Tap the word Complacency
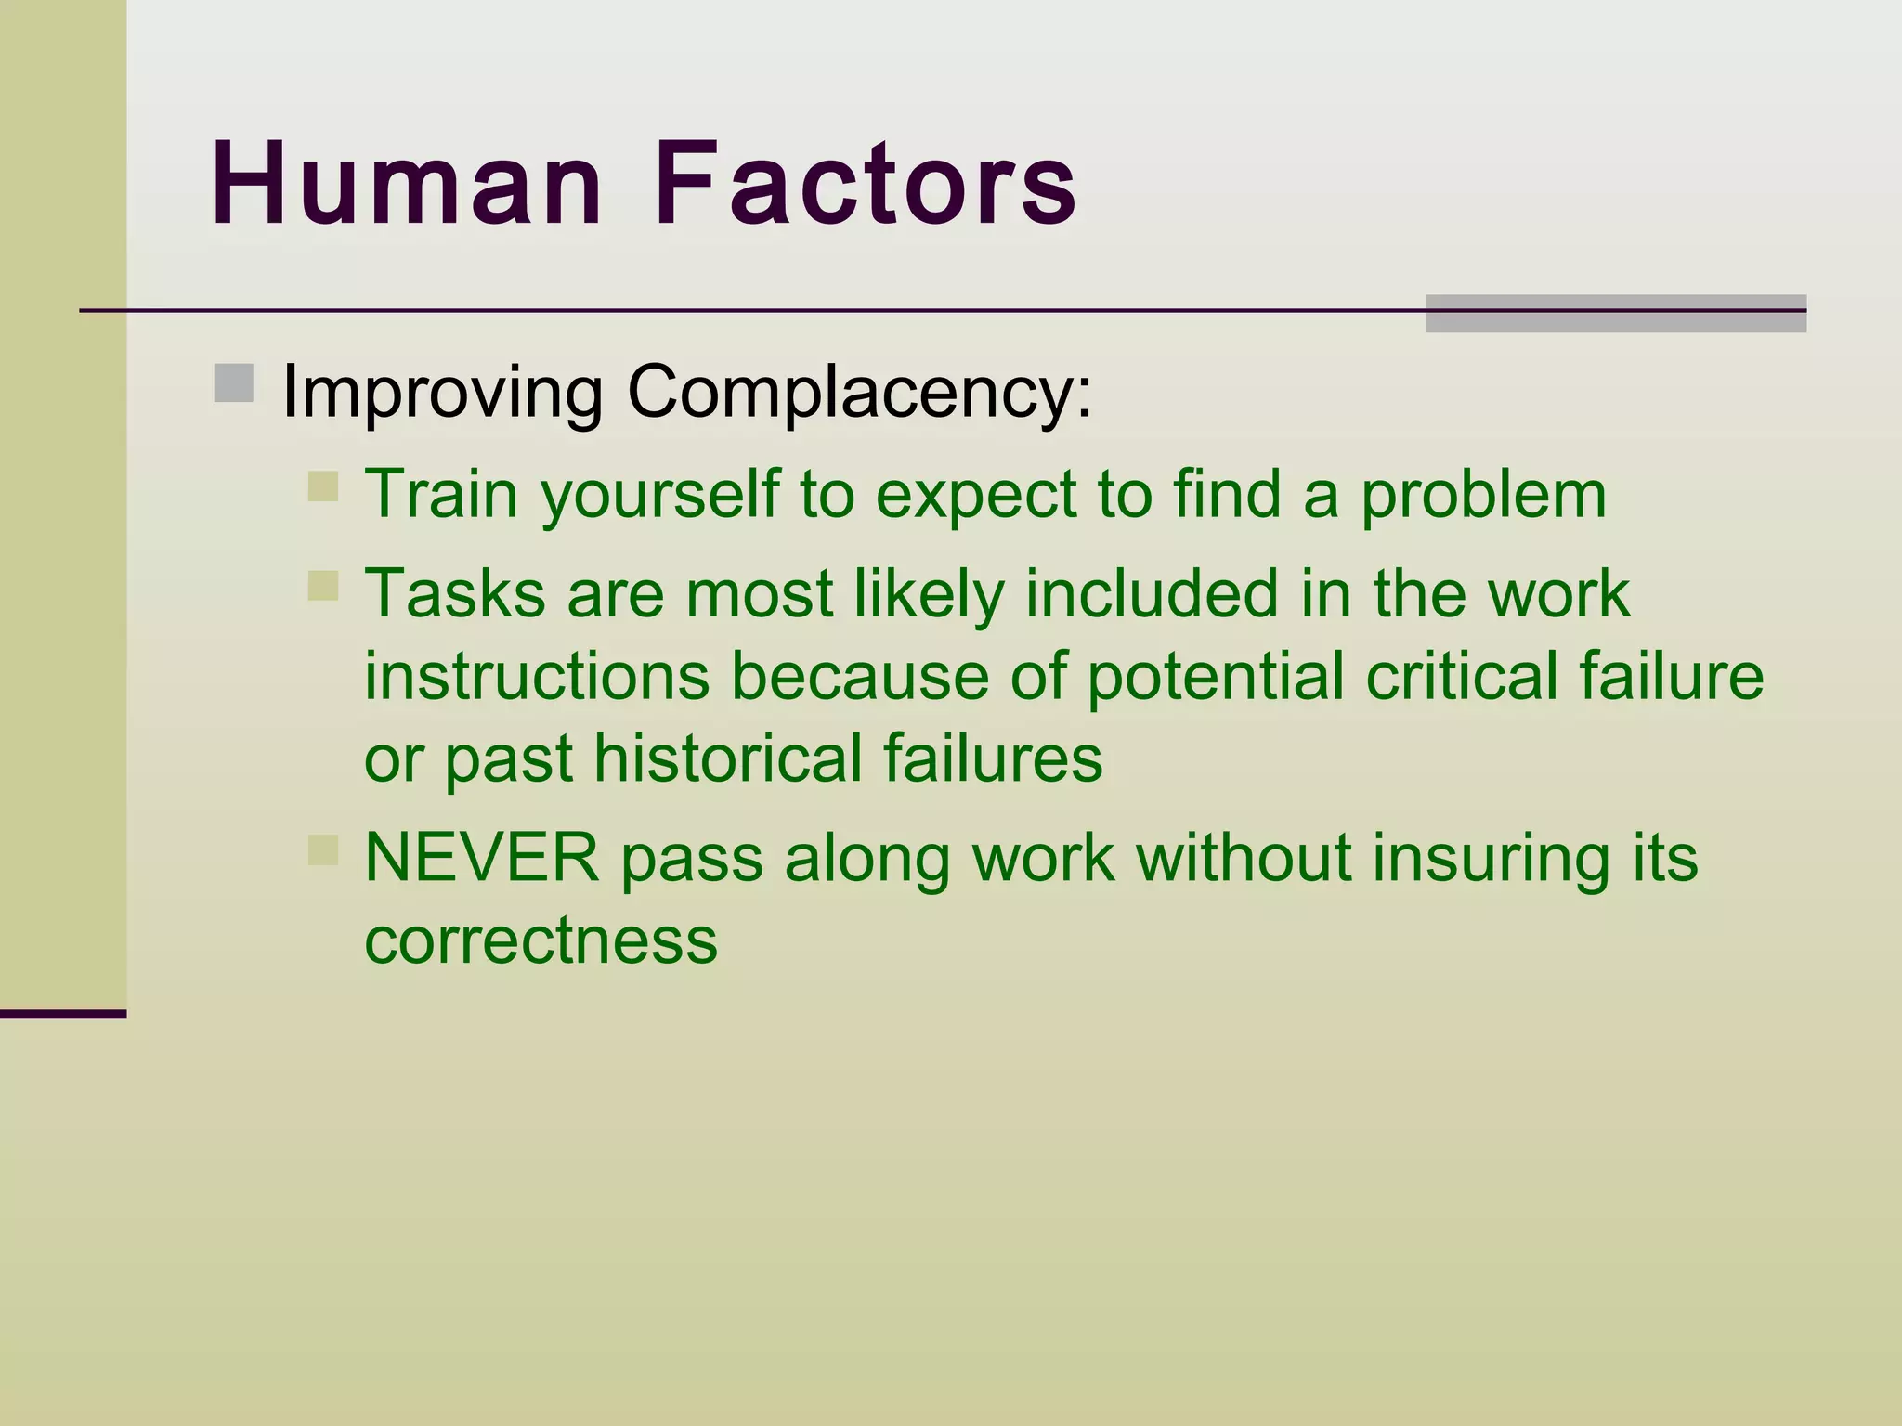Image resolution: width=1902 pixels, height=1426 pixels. (860, 392)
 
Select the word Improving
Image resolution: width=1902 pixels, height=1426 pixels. (442, 392)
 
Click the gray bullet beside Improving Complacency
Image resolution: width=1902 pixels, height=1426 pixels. (234, 383)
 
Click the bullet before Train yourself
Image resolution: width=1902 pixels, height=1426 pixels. (323, 486)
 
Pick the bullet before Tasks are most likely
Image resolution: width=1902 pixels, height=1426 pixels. (323, 586)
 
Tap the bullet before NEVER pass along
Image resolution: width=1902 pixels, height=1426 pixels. (323, 849)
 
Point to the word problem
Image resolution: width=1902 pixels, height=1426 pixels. (1483, 494)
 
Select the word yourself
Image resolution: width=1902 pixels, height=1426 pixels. (660, 494)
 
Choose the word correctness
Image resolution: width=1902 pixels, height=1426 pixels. (541, 940)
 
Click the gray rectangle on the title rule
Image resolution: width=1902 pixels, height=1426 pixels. (1615, 313)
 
